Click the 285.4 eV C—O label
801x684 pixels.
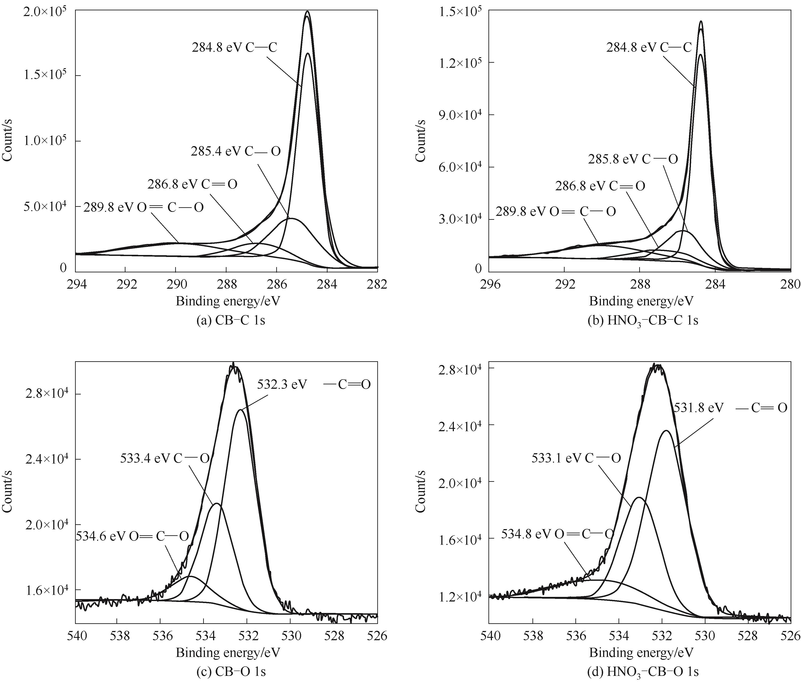click(x=236, y=151)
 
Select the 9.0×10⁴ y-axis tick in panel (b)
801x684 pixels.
click(x=458, y=115)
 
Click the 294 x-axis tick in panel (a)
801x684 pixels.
click(x=76, y=284)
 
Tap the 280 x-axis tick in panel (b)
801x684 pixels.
click(x=791, y=284)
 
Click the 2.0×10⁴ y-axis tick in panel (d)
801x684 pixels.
click(x=458, y=482)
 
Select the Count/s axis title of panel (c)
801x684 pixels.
click(x=7, y=491)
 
